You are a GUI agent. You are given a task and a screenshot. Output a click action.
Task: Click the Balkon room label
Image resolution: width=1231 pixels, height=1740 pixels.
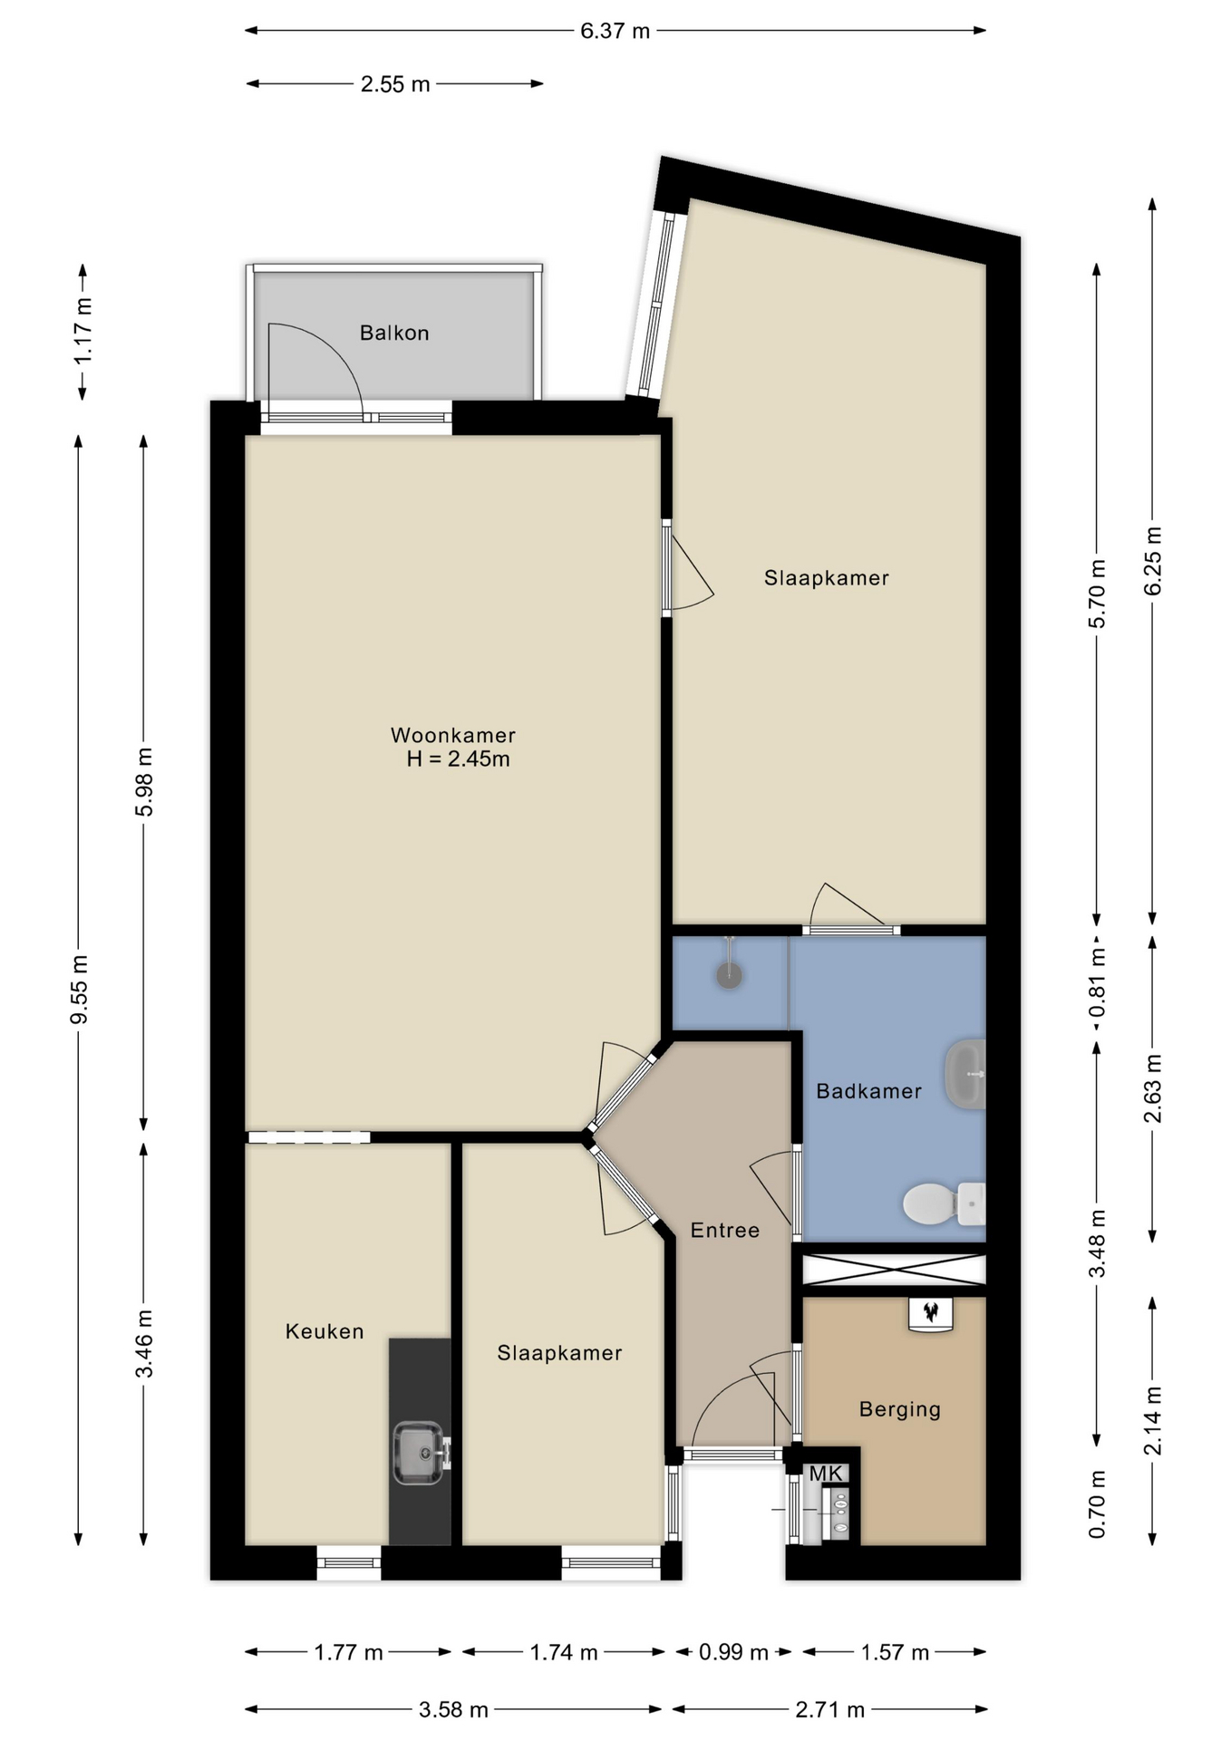pos(394,333)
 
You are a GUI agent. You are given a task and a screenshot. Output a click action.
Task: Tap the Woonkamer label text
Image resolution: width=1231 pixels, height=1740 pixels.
pos(453,735)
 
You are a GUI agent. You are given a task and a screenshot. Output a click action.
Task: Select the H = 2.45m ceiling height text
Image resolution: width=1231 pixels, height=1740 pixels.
pos(459,759)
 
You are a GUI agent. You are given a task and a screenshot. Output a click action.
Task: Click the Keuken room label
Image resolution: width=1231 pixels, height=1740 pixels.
pos(325,1331)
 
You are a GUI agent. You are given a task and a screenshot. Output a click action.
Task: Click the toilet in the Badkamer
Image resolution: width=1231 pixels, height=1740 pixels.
pos(944,1203)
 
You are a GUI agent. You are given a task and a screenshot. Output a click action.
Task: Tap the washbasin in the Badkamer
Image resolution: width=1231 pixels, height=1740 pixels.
pos(965,1074)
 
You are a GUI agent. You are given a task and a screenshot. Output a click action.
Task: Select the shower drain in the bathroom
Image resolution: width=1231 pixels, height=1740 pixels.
pos(730,975)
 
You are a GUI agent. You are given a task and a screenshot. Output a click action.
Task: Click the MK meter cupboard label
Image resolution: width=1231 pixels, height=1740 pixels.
pos(826,1474)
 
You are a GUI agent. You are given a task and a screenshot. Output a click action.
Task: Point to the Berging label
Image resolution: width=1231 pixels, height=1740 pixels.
pos(900,1409)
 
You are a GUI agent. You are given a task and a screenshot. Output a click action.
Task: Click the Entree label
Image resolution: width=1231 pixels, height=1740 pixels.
pos(725,1230)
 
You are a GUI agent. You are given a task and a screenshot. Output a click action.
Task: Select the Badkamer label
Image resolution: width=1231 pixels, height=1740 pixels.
pos(868,1091)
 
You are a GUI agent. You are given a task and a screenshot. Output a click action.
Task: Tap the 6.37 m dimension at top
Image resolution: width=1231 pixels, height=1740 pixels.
pos(615,31)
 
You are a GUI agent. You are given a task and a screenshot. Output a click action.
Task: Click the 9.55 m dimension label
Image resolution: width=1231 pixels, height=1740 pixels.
pos(80,990)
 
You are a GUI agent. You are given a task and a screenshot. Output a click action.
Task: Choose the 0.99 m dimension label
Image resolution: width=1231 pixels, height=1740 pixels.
pos(733,1652)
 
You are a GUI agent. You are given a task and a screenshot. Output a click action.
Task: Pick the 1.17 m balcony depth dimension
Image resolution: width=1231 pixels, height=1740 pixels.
pos(82,332)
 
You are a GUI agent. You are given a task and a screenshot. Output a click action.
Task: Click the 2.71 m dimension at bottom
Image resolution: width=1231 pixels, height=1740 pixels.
pos(829,1710)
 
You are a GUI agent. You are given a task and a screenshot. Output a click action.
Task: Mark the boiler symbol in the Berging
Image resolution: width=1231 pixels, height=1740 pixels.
pos(931,1314)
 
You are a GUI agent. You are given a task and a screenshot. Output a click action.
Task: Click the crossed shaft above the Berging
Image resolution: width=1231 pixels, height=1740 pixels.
pos(894,1270)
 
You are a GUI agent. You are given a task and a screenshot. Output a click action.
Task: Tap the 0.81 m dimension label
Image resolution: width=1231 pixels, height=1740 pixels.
pos(1098,983)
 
